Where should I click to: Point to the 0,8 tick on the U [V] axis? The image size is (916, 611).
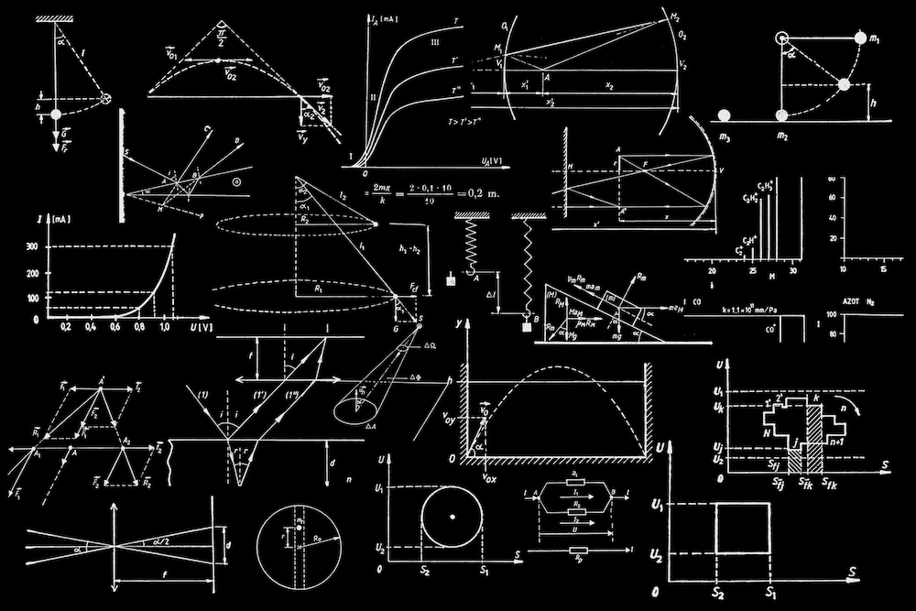139,327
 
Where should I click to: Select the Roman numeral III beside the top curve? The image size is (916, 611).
434,43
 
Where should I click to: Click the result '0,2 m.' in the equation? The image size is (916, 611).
484,194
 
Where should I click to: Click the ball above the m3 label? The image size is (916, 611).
725,115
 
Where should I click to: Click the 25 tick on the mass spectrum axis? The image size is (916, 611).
752,272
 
